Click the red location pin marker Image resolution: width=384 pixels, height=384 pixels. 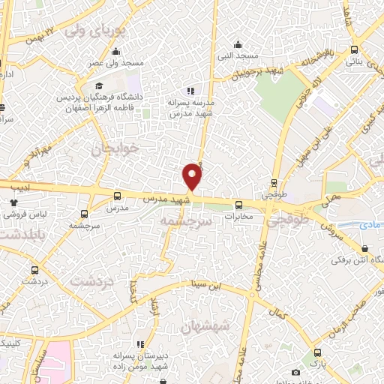[x=193, y=176]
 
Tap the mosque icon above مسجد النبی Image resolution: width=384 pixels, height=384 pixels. [x=238, y=43]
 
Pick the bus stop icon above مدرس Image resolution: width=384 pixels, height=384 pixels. [x=115, y=196]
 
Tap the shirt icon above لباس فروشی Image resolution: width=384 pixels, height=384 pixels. [x=13, y=202]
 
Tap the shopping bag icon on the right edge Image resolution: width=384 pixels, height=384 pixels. [x=364, y=248]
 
